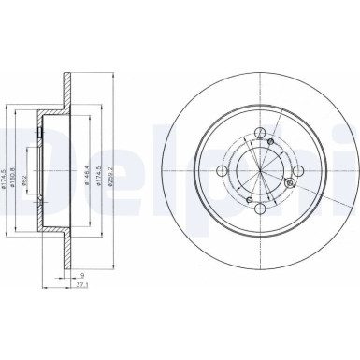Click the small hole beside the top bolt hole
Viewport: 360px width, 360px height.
pyautogui.click(x=270, y=142)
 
